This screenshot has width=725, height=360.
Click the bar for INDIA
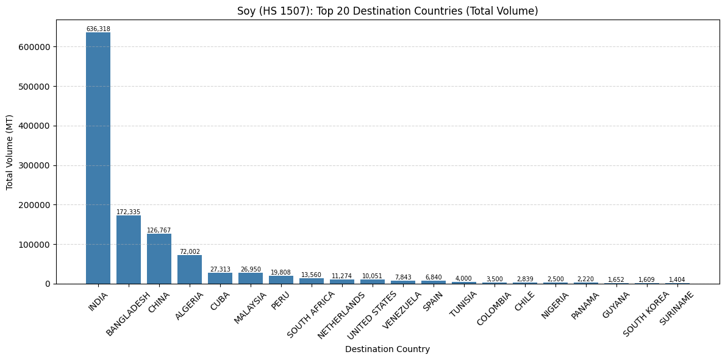[98, 158]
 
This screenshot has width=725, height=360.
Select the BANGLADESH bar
[129, 250]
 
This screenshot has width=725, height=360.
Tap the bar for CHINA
[159, 259]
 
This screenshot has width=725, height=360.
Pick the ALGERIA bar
[190, 269]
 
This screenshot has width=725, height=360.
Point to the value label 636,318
[98, 29]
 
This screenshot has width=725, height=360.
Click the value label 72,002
[190, 252]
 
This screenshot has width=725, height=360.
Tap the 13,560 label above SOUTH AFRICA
[312, 275]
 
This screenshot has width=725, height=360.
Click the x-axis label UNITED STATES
[371, 315]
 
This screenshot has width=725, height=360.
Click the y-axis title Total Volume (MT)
[10, 152]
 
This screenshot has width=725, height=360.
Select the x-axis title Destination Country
[387, 350]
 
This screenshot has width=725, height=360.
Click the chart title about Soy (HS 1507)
[387, 11]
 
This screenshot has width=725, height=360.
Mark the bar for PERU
[281, 279]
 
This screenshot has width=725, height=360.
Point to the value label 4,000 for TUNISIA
[464, 279]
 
